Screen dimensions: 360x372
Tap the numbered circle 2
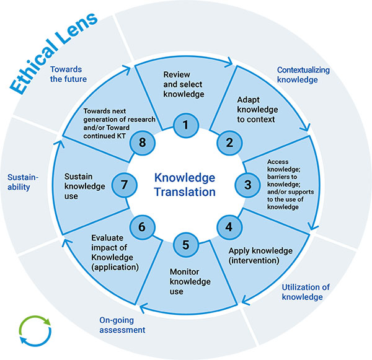[x=229, y=142]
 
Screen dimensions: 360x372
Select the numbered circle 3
[x=247, y=184]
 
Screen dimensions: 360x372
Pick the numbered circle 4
[x=229, y=226]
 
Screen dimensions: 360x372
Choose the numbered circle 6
[x=142, y=227]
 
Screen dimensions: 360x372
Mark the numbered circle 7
[x=124, y=184]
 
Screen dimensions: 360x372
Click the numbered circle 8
[x=142, y=142]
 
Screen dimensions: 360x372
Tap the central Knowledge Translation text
[x=185, y=184]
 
